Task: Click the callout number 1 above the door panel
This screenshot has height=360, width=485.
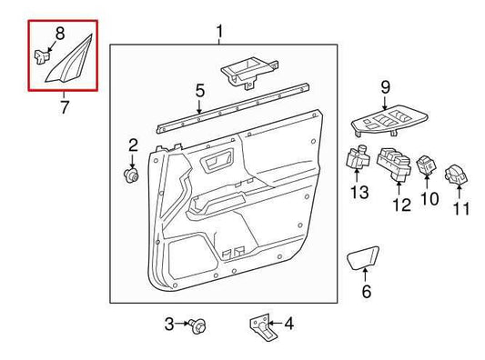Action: pos(219,34)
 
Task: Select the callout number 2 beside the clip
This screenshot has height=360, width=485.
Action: pos(132,145)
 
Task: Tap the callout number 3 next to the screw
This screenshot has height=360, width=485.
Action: pos(169,324)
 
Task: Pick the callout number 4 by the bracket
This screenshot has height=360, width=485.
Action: pos(288,324)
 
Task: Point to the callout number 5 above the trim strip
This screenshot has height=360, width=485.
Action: pos(199,90)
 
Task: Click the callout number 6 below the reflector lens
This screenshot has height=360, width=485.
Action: pos(366,292)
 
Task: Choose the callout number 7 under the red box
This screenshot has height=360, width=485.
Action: pos(64,108)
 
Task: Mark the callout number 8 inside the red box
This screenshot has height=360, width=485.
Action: pos(59,35)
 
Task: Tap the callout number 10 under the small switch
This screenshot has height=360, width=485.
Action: pos(429,198)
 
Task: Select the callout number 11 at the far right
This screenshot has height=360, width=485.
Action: pos(461,208)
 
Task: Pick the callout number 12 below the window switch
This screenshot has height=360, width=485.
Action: pos(398,206)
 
